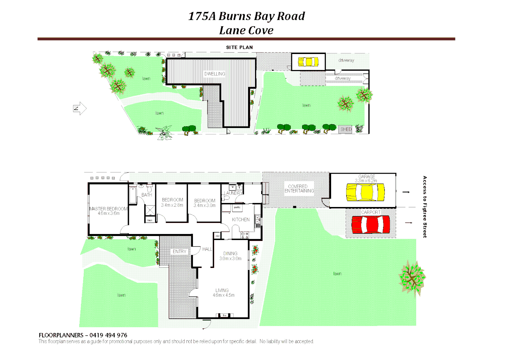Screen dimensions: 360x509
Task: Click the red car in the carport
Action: point(371,225)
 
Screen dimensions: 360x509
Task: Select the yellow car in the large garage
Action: point(365,192)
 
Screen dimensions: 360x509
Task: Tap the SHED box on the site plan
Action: point(346,129)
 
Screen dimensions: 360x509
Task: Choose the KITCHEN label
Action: point(241,220)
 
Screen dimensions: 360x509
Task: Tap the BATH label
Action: point(147,195)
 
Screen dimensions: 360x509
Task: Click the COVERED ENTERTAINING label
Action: point(299,189)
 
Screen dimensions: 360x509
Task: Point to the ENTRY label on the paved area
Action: point(180,252)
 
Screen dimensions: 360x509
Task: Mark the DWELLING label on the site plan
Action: point(215,74)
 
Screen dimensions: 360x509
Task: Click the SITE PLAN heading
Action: point(239,47)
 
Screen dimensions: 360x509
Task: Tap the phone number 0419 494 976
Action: point(108,335)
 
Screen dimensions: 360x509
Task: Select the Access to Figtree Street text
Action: point(425,207)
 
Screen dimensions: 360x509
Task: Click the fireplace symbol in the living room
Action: point(225,315)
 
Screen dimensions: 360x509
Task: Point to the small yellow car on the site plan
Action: point(308,62)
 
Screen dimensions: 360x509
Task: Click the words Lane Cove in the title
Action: point(246,30)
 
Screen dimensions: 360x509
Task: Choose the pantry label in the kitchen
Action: point(237,207)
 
